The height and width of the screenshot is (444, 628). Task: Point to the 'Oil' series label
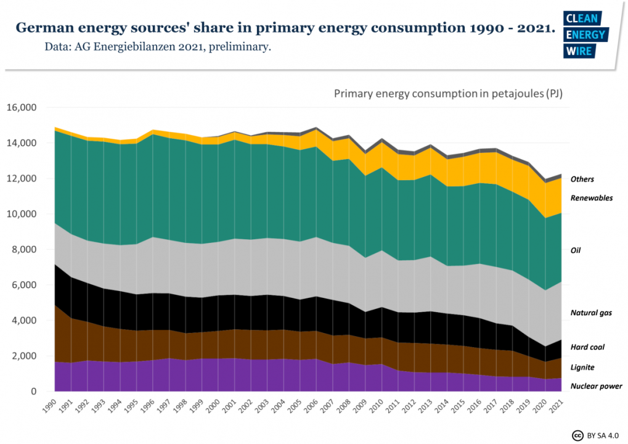pyautogui.click(x=576, y=250)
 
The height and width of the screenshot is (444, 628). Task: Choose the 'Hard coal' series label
pyautogui.click(x=587, y=347)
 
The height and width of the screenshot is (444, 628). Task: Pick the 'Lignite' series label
pyautogui.click(x=583, y=367)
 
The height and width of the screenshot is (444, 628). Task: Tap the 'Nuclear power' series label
pyautogui.click(x=596, y=386)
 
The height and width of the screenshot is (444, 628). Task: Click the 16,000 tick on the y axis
pyautogui.click(x=22, y=107)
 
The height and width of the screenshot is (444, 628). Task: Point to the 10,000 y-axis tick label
pyautogui.click(x=22, y=214)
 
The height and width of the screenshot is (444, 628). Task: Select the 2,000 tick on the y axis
pyautogui.click(x=24, y=356)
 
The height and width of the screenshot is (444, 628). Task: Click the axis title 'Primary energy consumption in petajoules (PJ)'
pyautogui.click(x=448, y=94)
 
